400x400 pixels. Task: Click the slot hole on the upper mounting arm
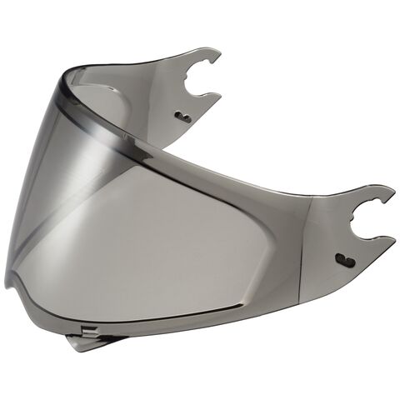click(183, 118)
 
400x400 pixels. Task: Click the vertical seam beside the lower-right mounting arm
click(309, 242)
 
